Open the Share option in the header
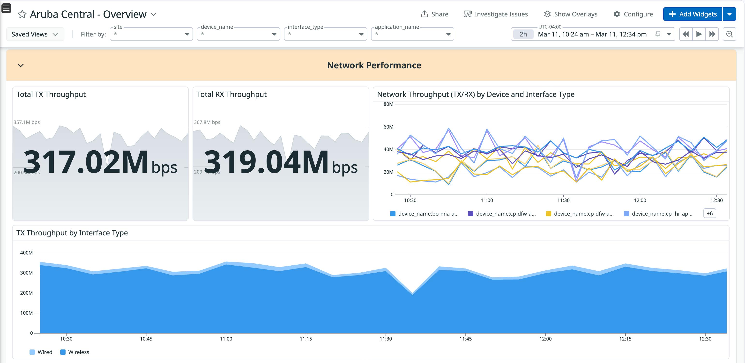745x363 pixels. [x=435, y=14]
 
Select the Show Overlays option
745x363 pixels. [x=571, y=14]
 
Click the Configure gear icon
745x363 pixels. [x=617, y=14]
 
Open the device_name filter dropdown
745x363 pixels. [x=238, y=34]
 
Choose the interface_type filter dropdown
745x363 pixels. [x=325, y=34]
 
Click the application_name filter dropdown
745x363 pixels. [x=412, y=34]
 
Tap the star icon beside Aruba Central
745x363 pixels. [x=22, y=14]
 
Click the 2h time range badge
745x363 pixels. [x=523, y=34]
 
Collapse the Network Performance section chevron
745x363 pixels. [x=21, y=65]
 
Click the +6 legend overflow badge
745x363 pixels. [x=709, y=213]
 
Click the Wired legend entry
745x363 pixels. [x=41, y=352]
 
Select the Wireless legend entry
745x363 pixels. [x=75, y=352]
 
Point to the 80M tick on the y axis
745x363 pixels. [x=388, y=104]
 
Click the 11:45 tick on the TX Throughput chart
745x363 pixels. [x=465, y=338]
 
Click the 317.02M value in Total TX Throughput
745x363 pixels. [x=86, y=162]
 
